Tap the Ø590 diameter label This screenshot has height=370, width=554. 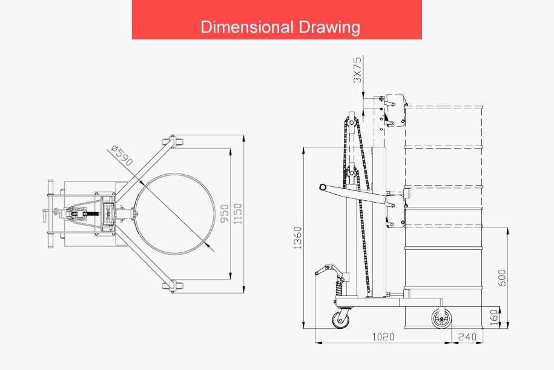pyautogui.click(x=122, y=155)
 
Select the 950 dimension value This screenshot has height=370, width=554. pyautogui.click(x=225, y=214)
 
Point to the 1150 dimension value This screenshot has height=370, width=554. pyautogui.click(x=238, y=214)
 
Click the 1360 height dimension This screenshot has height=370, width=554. pyautogui.click(x=298, y=238)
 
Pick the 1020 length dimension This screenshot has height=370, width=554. pyautogui.click(x=383, y=337)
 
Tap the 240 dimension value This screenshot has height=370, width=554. pyautogui.click(x=467, y=337)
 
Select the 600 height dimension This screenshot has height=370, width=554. pyautogui.click(x=502, y=278)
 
